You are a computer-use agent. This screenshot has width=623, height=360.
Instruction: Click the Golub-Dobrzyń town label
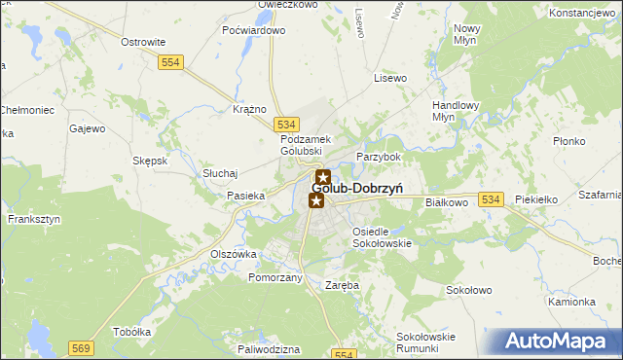(x=365, y=188)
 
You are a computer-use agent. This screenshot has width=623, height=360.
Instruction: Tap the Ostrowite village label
(x=142, y=42)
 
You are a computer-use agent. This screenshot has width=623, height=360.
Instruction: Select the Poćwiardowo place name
(x=254, y=30)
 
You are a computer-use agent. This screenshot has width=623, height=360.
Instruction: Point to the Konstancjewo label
(x=585, y=13)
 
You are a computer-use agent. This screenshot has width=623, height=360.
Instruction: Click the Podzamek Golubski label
(x=308, y=145)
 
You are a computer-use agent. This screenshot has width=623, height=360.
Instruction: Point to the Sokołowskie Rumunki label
(x=425, y=342)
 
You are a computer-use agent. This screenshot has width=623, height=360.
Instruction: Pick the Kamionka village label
(x=571, y=302)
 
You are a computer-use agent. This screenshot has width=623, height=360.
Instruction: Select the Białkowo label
(x=448, y=202)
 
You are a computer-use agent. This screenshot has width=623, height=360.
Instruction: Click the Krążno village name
(x=250, y=109)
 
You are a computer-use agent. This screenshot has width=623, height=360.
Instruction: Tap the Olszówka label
(x=234, y=254)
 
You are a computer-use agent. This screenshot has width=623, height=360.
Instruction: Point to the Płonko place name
(x=568, y=141)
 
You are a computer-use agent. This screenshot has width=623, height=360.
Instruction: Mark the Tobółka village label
(x=132, y=332)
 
